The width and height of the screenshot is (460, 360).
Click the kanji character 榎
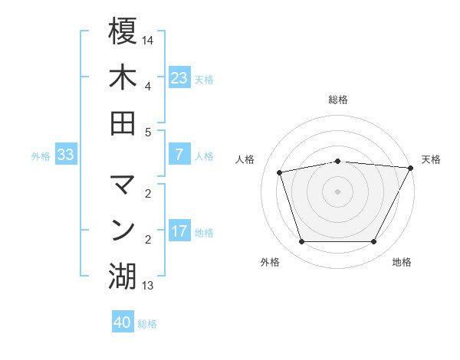tap(123, 31)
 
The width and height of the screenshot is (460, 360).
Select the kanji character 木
tap(123, 77)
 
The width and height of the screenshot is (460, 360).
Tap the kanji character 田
tap(123, 123)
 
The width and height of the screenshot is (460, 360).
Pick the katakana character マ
tap(123, 185)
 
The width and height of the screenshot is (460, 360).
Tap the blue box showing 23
tap(179, 78)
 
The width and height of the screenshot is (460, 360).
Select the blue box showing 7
tap(179, 155)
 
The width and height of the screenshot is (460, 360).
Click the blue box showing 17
tap(179, 231)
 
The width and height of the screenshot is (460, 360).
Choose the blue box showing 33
tap(65, 155)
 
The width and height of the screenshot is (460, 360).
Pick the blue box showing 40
tap(123, 322)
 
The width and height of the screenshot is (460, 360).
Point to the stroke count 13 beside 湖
tap(148, 286)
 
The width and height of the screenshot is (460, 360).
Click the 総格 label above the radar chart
tap(338, 100)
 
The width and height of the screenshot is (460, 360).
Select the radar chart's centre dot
tap(337, 191)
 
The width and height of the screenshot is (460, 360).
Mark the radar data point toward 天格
tap(411, 168)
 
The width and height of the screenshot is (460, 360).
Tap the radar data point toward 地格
tap(373, 242)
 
